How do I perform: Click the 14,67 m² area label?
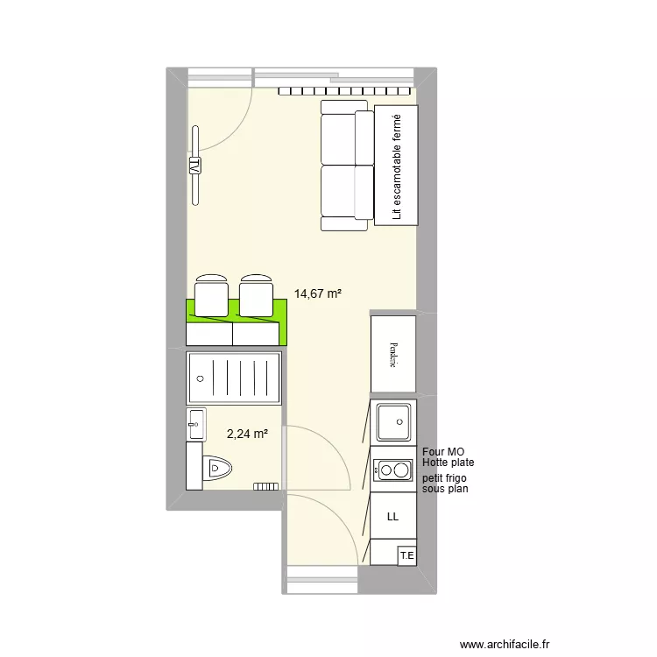[318, 294]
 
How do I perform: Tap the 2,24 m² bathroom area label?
[247, 432]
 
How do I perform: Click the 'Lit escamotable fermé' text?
[397, 166]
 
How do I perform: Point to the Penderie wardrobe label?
[393, 354]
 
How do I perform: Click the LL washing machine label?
[392, 518]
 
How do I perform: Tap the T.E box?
[406, 555]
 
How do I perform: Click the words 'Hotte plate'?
[448, 463]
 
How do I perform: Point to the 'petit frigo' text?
[444, 478]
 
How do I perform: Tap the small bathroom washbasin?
[195, 423]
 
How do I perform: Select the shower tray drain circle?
[201, 378]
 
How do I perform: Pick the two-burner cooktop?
[392, 470]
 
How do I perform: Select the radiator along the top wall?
[345, 90]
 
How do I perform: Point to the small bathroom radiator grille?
[265, 485]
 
